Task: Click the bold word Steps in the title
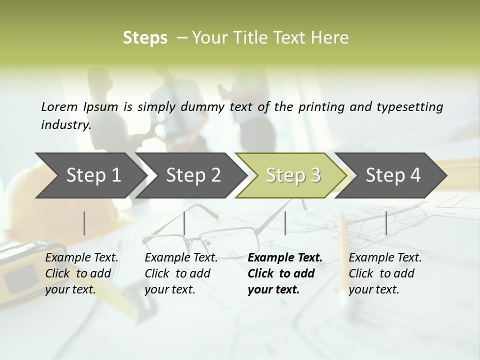point(145,38)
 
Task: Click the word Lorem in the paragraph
point(59,106)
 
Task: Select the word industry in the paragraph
point(65,125)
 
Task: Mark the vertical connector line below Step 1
point(84,223)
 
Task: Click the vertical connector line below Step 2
point(184,223)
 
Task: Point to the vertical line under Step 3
point(285,223)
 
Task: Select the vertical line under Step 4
point(386,223)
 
